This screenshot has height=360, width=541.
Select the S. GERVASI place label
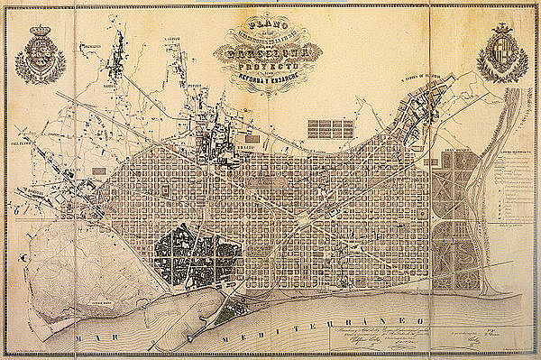click(168, 40)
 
